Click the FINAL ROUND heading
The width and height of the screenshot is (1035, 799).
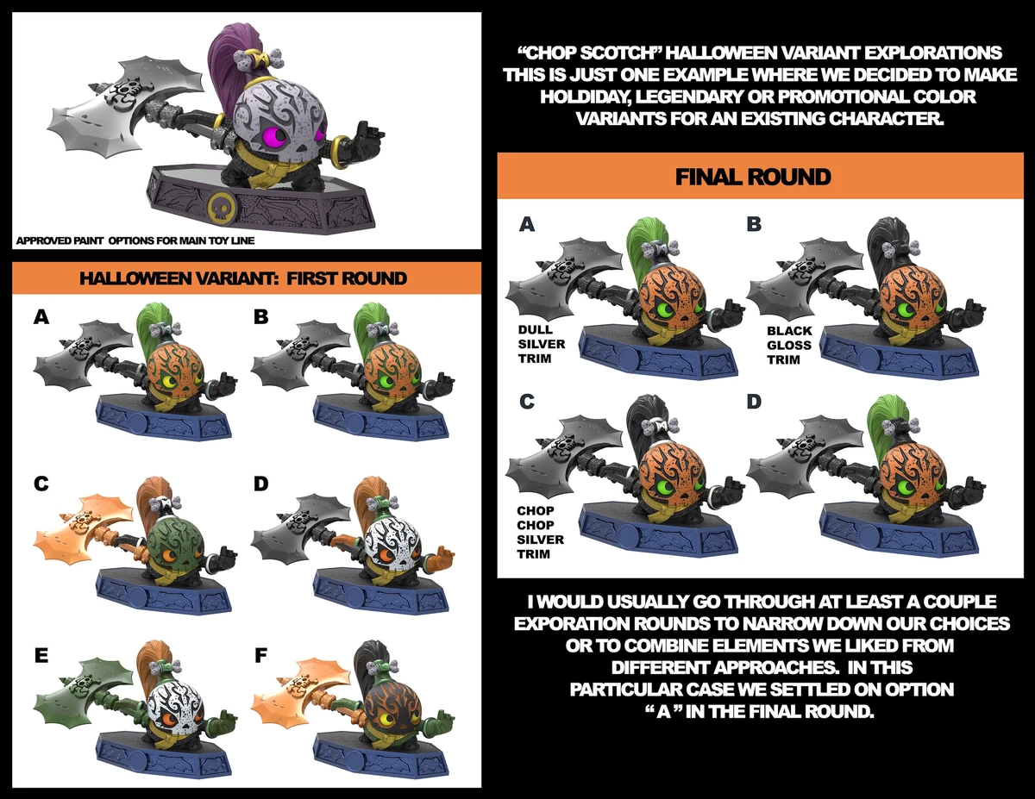[753, 178]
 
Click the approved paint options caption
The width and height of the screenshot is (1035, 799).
[135, 240]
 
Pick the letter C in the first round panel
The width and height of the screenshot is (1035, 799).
[41, 484]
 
